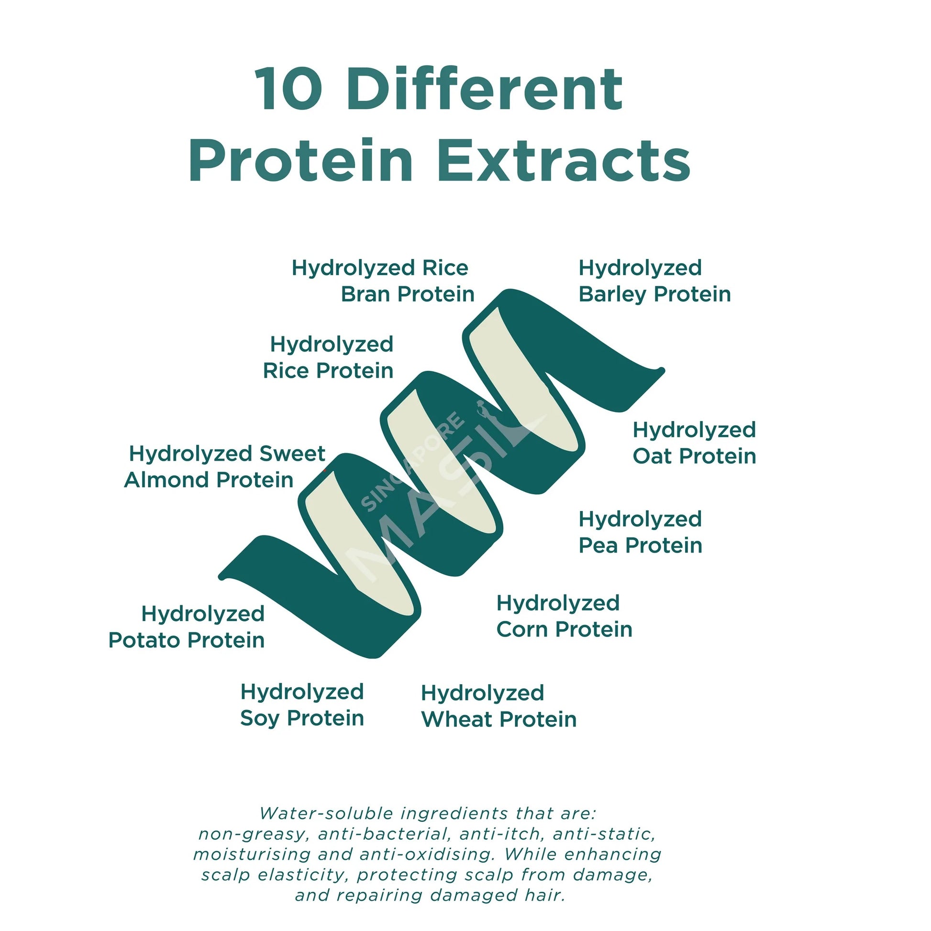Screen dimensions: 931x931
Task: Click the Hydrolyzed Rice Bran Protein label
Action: point(383,281)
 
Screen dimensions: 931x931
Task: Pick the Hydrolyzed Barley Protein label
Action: point(654,281)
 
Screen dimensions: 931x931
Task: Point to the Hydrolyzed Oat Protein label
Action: point(694,443)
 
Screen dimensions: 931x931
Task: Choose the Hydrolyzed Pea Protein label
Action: point(640,532)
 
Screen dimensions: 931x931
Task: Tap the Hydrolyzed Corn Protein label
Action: point(564,616)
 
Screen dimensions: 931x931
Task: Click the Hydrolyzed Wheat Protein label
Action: point(498,707)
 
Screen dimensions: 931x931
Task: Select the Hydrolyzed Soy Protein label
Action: point(302,706)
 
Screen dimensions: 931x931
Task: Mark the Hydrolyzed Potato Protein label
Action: point(187,627)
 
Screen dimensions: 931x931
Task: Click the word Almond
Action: point(167,480)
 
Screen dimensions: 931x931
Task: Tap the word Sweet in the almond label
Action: point(292,454)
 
